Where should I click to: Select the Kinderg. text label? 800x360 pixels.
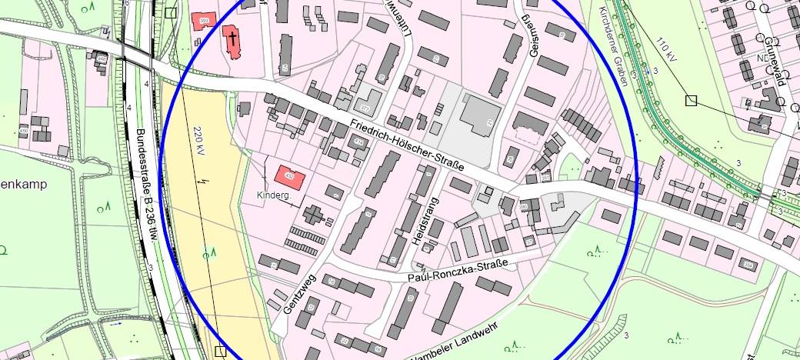(x=273, y=196)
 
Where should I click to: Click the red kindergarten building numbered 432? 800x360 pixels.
(x=289, y=176)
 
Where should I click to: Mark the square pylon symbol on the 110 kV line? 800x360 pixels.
(x=691, y=100)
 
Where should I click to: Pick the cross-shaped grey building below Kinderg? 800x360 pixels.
(x=313, y=215)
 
